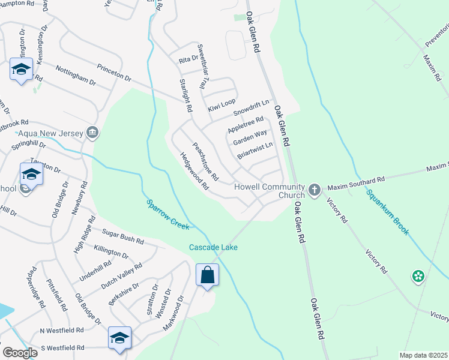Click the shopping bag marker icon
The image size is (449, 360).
click(x=207, y=275)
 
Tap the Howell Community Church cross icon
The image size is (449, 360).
click(x=314, y=190)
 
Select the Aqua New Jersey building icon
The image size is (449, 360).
click(x=92, y=133)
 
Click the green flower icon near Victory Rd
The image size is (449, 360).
click(x=418, y=277)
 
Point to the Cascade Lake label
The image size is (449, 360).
click(x=214, y=247)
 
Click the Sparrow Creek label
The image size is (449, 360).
click(x=168, y=215)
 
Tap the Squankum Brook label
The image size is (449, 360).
click(x=388, y=212)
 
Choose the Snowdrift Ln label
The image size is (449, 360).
click(x=251, y=109)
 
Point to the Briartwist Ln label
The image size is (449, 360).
click(x=255, y=149)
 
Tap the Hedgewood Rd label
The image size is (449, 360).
click(x=194, y=170)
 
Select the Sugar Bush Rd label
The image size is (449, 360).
click(x=123, y=236)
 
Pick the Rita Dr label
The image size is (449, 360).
click(x=188, y=59)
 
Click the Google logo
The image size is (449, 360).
click(x=20, y=353)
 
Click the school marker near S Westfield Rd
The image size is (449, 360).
click(x=119, y=338)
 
